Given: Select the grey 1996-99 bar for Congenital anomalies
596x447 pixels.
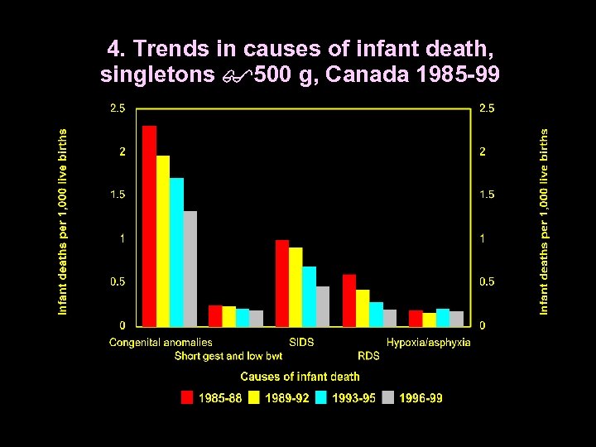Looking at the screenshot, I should pos(190,269).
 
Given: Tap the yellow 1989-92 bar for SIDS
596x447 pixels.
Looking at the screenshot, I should pos(296,286).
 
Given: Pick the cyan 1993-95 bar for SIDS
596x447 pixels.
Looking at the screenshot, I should pos(310,296).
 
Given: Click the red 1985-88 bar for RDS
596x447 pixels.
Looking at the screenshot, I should pos(348,300).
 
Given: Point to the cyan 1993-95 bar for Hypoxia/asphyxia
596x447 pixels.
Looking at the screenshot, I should pos(443,318).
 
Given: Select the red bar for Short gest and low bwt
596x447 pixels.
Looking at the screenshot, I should pos(215,316).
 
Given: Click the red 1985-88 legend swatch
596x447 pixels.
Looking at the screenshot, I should pos(187,398).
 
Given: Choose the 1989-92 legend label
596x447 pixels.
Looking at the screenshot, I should pos(287,398).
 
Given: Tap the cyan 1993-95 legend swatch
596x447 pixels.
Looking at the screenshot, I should pos(321,398).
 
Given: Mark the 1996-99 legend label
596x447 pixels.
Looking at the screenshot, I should pos(421,398).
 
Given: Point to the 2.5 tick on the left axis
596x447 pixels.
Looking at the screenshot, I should pos(118,108).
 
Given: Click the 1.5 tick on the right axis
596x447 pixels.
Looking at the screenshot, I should pos(488,195).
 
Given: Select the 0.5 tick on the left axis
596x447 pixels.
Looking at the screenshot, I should pos(118,281).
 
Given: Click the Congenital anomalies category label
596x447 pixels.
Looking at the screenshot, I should pos(161,342).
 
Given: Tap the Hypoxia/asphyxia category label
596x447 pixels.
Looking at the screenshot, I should pos(428,342).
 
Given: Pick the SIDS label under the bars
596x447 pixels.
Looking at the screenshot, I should pos(301,342).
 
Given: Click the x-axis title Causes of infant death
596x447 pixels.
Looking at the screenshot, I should pos(300,377).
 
